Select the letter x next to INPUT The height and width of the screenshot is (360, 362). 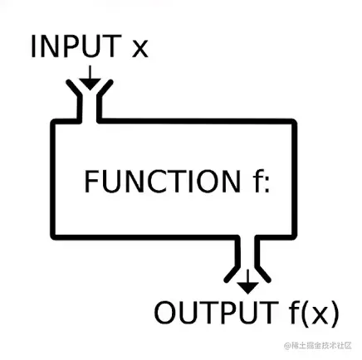pyautogui.click(x=140, y=50)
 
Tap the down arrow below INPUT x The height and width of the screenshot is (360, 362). pyautogui.click(x=90, y=80)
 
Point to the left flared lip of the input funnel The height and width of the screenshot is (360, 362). pyautogui.click(x=75, y=103)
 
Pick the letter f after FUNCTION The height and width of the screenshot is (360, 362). pyautogui.click(x=257, y=181)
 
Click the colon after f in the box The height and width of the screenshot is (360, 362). pyautogui.click(x=268, y=184)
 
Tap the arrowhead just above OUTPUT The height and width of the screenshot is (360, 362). pyautogui.click(x=247, y=287)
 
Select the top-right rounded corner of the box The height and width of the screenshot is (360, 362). pyautogui.click(x=291, y=124)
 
